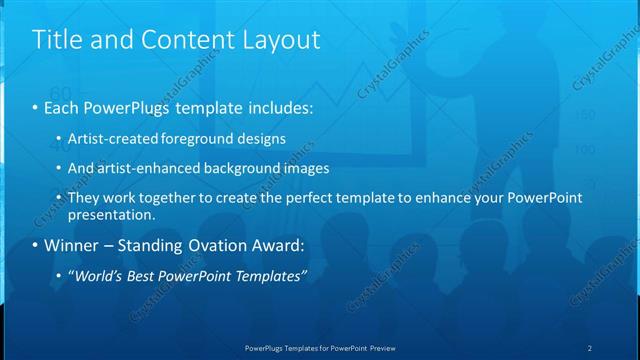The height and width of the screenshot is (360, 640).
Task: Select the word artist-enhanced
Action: (x=145, y=168)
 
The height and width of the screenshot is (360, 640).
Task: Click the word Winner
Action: (x=73, y=245)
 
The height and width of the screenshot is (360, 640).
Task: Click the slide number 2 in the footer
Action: (x=590, y=347)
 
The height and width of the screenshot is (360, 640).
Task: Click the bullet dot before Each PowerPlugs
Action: (x=36, y=107)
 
